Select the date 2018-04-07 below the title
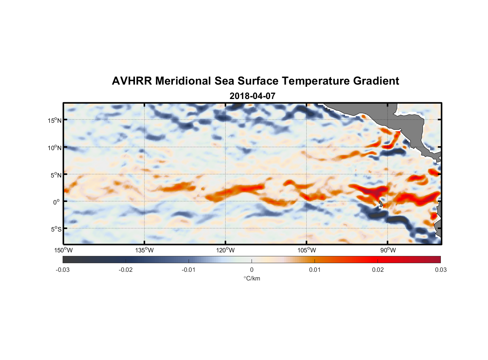coord(252,96)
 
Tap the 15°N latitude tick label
coord(55,120)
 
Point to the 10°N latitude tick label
coord(55,148)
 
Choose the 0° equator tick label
coord(57,202)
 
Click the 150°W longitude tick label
coord(63,250)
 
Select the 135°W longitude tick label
coord(144,250)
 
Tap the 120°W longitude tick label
coord(225,250)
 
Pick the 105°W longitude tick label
coord(307,250)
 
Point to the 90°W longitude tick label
coord(388,250)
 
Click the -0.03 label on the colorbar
coord(63,270)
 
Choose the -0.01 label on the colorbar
coord(189,270)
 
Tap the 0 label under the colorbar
coord(252,270)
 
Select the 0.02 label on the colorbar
coord(378,270)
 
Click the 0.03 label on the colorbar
coord(440,270)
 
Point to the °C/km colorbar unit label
coord(252,278)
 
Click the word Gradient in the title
coord(376,81)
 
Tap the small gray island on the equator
coord(381,204)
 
